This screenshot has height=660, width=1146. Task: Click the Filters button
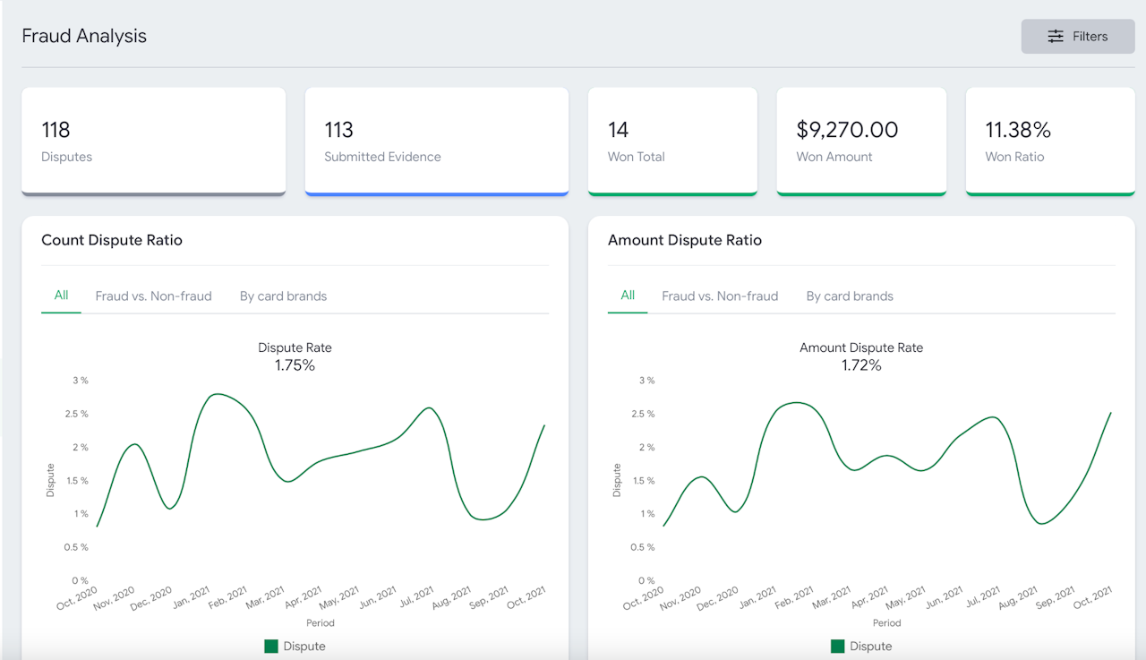pos(1078,37)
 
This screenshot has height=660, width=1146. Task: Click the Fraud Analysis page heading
pos(84,37)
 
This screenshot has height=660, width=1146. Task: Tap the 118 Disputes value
pos(56,130)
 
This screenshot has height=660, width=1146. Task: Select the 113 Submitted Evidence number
pos(339,130)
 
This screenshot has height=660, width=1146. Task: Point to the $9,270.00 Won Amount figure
pos(847,130)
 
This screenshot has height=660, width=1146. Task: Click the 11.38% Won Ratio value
pos(1018,130)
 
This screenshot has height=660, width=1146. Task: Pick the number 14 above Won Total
pos(618,130)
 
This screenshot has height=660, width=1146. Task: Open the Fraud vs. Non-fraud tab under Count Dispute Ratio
pos(153,296)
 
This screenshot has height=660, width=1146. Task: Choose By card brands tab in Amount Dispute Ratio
pos(850,296)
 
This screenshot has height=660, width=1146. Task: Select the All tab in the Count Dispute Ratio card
pos(61,296)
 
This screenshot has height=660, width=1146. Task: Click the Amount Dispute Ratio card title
pos(685,240)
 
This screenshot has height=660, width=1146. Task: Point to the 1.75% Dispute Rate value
pos(295,365)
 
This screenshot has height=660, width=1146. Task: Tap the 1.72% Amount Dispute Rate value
pos(861,365)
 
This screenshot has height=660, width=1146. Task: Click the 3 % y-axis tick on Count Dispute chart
pos(80,381)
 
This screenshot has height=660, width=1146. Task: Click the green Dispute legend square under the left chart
pos(271,647)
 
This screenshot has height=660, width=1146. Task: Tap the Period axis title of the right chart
pos(886,622)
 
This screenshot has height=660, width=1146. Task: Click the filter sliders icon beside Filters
pos(1056,37)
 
